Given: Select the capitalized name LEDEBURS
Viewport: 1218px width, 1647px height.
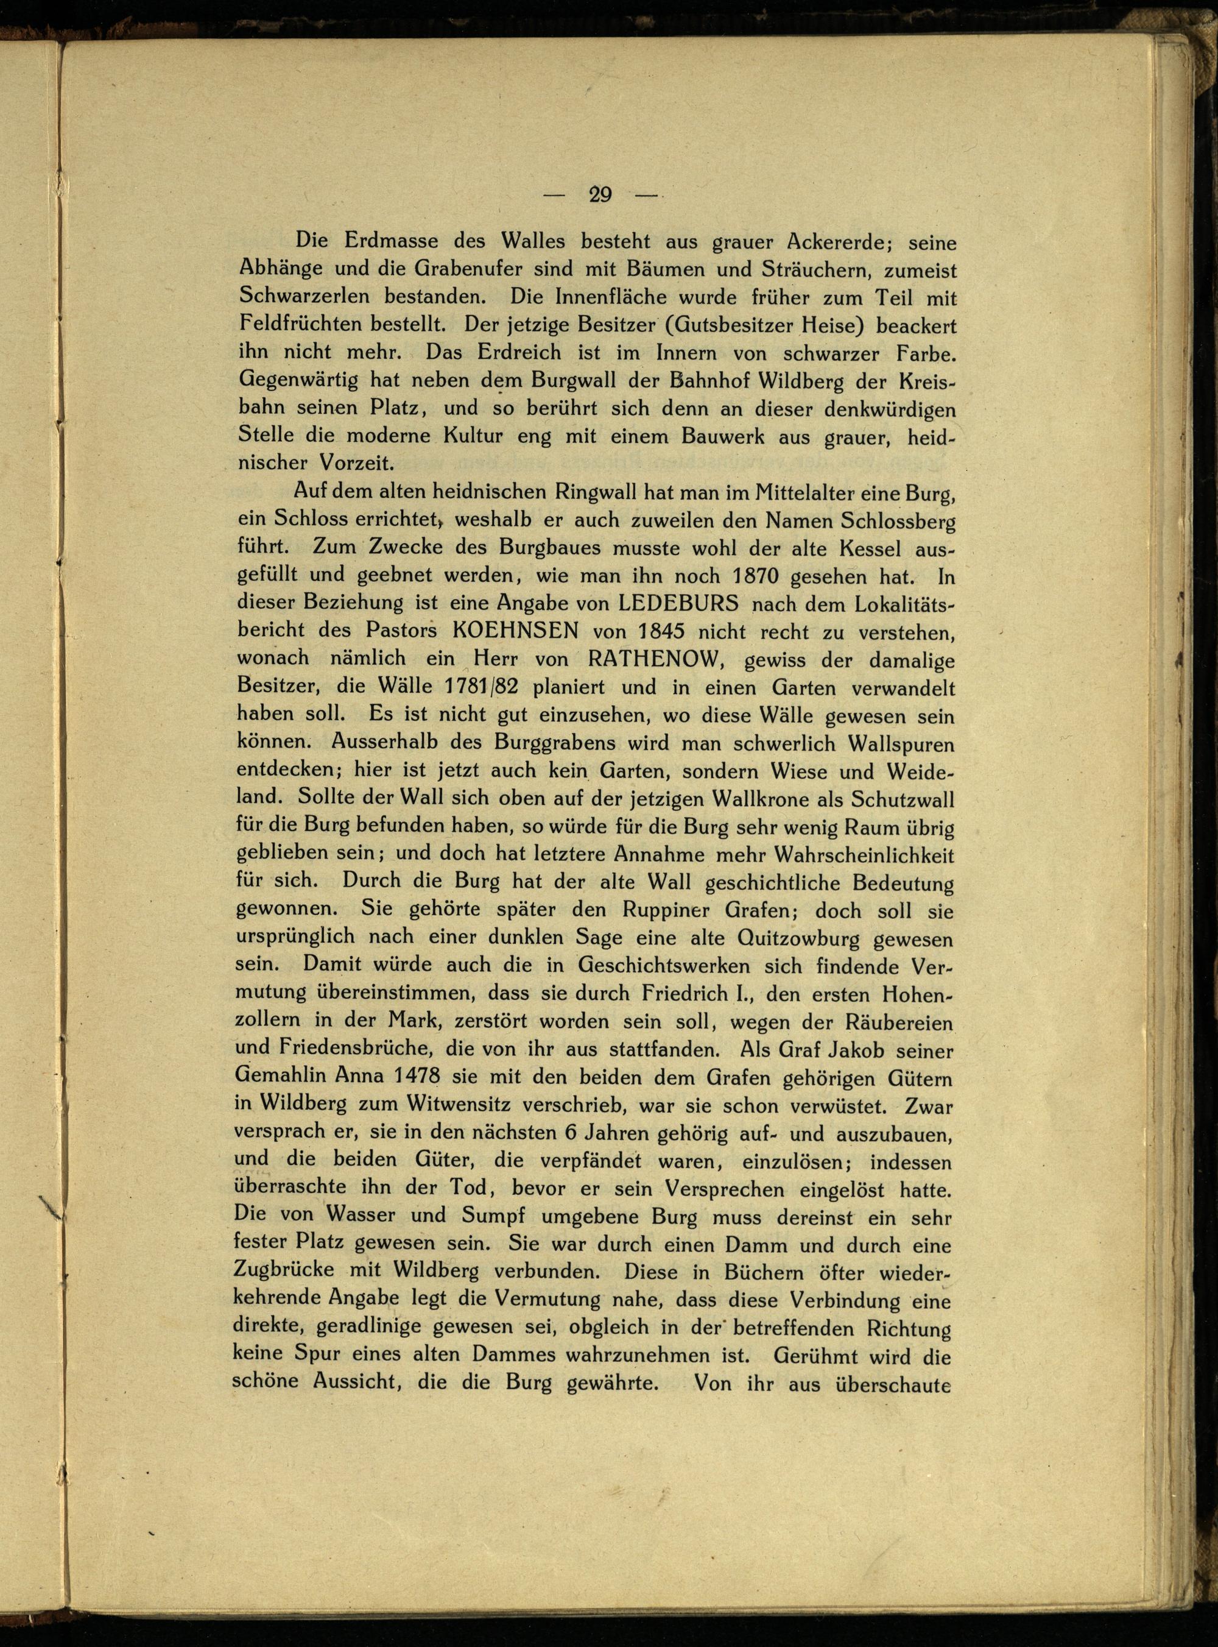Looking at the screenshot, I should coord(678,603).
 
